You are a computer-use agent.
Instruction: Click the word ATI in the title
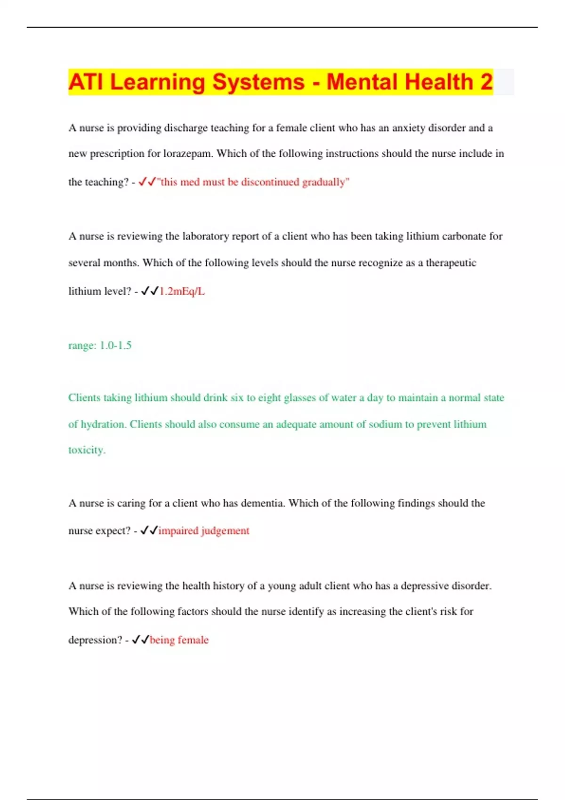tap(86, 82)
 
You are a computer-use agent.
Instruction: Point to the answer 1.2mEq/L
tap(182, 291)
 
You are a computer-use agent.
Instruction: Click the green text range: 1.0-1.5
tap(100, 345)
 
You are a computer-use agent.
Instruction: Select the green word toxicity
tap(87, 450)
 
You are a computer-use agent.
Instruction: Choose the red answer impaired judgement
tap(204, 531)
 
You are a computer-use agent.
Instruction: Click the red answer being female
tap(179, 640)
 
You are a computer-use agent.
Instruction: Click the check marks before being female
tap(140, 640)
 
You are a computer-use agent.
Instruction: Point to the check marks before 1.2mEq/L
tap(150, 291)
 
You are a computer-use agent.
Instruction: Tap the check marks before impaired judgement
tap(149, 531)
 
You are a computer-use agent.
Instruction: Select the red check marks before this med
tap(147, 182)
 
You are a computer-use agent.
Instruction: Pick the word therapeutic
tap(451, 263)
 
